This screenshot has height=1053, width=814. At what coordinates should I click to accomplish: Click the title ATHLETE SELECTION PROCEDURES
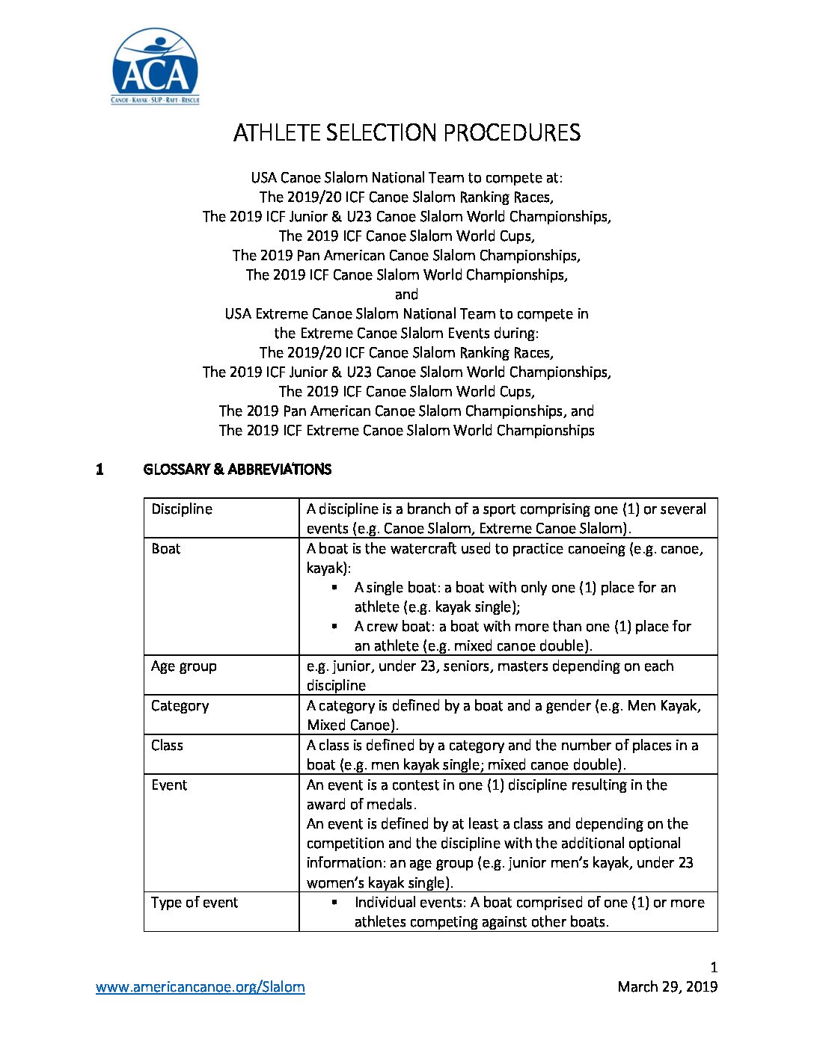pos(407,133)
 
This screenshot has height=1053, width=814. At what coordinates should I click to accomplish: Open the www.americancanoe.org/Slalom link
pos(201,987)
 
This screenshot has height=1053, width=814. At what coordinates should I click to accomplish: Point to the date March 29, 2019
pos(667,987)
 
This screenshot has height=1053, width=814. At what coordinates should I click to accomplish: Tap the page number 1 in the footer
pos(714,967)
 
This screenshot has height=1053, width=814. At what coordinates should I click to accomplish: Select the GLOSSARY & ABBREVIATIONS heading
pos(237,470)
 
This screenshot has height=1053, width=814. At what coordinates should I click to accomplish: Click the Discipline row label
pos(182,509)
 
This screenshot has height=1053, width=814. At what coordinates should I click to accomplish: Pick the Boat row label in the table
pos(166,549)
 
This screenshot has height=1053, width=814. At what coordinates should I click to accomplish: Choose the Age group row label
pos(184,666)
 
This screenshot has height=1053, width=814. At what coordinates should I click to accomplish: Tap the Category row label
pos(180,706)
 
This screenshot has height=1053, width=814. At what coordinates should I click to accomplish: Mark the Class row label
pos(167,746)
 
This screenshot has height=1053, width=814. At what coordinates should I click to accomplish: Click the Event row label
pos(169,785)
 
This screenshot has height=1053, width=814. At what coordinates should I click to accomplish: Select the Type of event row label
pos(195,903)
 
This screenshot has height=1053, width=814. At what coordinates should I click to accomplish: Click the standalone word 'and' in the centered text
pos(406,295)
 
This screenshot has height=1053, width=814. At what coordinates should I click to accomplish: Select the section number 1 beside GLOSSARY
pos(100,470)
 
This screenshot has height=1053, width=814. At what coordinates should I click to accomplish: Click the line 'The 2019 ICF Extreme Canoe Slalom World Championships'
pos(407,431)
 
